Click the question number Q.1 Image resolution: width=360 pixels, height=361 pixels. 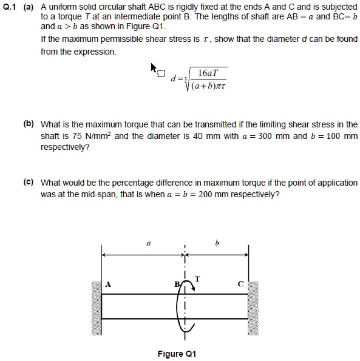(11, 7)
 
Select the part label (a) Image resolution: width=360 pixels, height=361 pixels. (29, 7)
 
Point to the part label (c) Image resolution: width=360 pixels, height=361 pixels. (29, 183)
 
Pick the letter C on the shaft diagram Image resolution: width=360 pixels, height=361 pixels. (240, 283)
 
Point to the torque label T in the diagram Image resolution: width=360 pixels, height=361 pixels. (197, 278)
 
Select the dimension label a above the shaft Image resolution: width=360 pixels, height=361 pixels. (147, 243)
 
